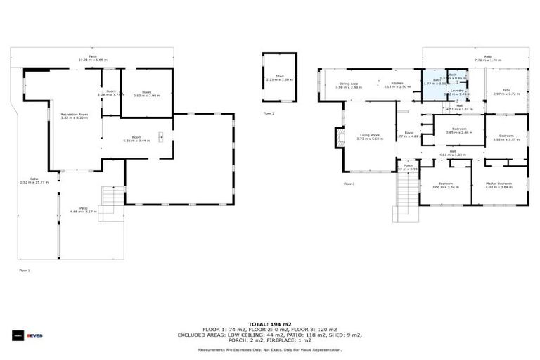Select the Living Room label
click(369, 136)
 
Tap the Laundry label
click(456, 91)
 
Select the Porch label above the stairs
click(408, 167)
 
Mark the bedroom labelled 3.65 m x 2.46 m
click(459, 130)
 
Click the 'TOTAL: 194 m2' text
click(269, 324)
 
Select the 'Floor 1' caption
click(24, 270)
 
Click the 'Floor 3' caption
click(349, 184)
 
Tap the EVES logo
click(35, 335)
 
